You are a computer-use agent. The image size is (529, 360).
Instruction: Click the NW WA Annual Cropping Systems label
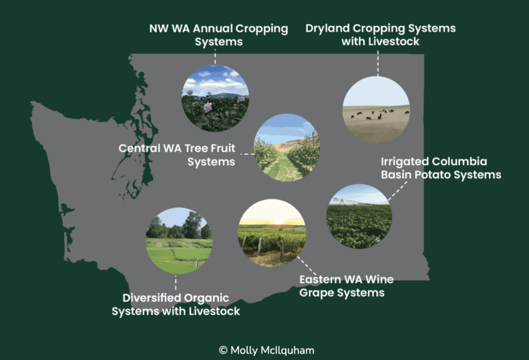click(x=219, y=35)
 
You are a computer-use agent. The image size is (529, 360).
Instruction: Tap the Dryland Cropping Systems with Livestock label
click(x=381, y=35)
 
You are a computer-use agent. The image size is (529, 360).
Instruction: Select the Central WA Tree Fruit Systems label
click(x=177, y=154)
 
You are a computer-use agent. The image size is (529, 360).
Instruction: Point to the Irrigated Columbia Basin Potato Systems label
click(x=440, y=168)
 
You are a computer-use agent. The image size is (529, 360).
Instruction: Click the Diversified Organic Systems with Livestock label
click(x=176, y=304)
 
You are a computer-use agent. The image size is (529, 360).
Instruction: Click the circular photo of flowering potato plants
click(x=215, y=98)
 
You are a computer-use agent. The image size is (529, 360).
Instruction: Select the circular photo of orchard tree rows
click(x=287, y=148)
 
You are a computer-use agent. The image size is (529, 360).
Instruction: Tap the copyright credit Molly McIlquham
click(x=264, y=349)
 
